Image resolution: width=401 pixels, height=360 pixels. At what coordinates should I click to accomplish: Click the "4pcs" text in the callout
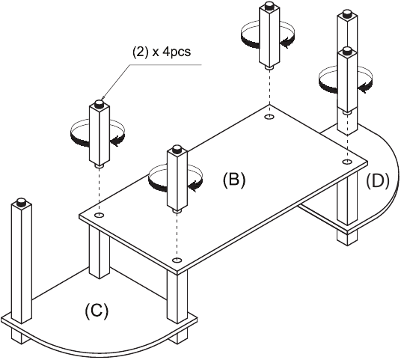coord(176,52)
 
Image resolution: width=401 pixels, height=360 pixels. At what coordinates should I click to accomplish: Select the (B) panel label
coord(234,180)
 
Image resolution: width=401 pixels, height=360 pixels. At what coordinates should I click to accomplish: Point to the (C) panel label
coord(97,311)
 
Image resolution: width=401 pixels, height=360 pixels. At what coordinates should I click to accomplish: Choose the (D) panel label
coord(378,181)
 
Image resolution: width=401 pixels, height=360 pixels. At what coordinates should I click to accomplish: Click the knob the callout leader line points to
coord(99,103)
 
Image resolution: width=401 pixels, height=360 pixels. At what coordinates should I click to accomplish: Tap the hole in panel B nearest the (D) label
coord(347,162)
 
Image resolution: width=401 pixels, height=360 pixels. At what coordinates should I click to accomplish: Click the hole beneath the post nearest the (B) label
coord(177,260)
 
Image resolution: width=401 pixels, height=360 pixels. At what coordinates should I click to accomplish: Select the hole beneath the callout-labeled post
coord(99,215)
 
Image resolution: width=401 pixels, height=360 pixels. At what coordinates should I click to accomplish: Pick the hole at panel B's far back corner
coord(269,117)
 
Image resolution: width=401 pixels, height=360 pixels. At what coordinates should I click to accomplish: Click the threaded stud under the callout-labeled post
coord(100,166)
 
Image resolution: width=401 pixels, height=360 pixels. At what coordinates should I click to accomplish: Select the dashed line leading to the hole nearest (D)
coord(347,136)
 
